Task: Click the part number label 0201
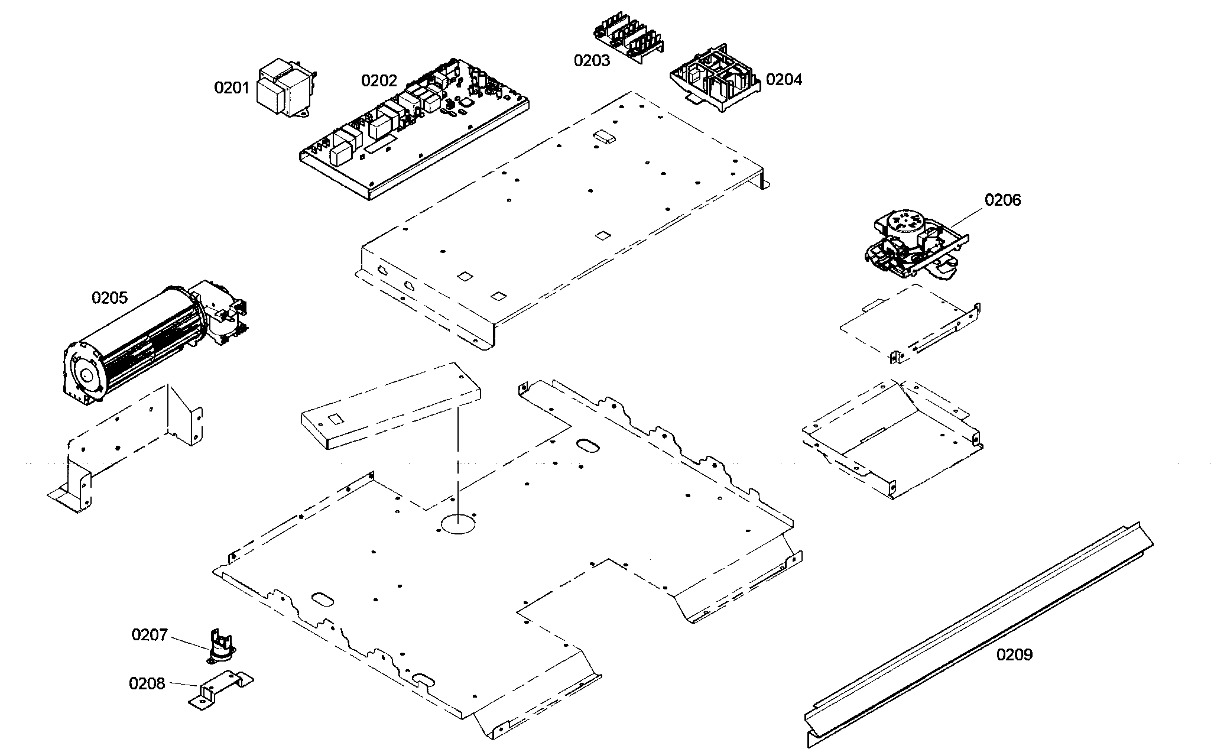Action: click(232, 88)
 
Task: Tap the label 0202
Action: click(379, 80)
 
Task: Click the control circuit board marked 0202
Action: click(414, 130)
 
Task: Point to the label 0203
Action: click(592, 60)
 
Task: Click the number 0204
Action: click(784, 79)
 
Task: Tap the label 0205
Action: click(109, 297)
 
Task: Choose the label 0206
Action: click(1002, 200)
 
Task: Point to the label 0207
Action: click(150, 635)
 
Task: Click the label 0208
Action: click(147, 683)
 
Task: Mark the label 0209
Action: click(1014, 654)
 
